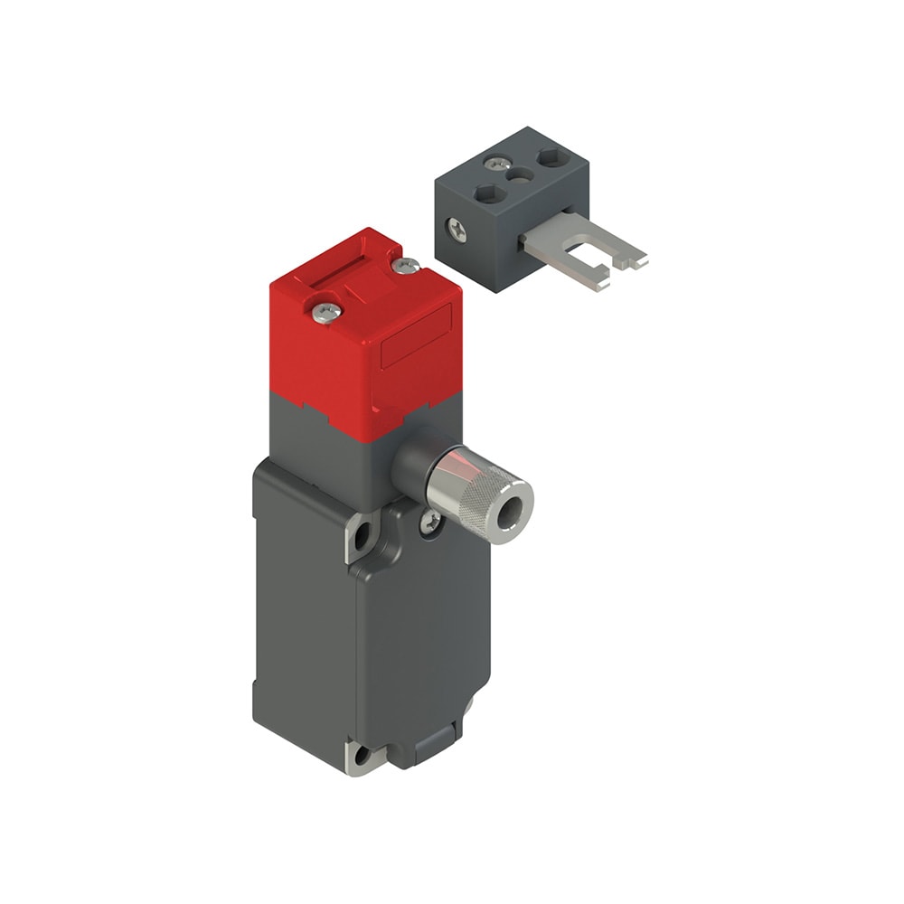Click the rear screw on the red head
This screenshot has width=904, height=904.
406,265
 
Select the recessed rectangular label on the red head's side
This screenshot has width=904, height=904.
417,338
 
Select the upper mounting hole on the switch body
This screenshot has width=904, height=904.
363,535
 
